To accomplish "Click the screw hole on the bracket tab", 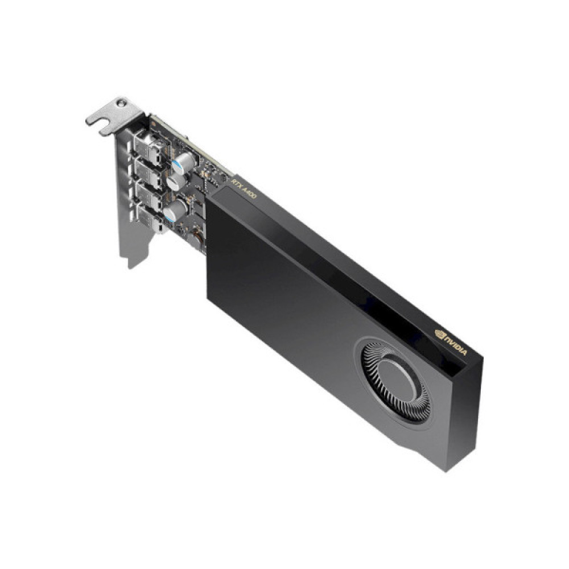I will (x=121, y=105).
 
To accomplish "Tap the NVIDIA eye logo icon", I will (x=440, y=334).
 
